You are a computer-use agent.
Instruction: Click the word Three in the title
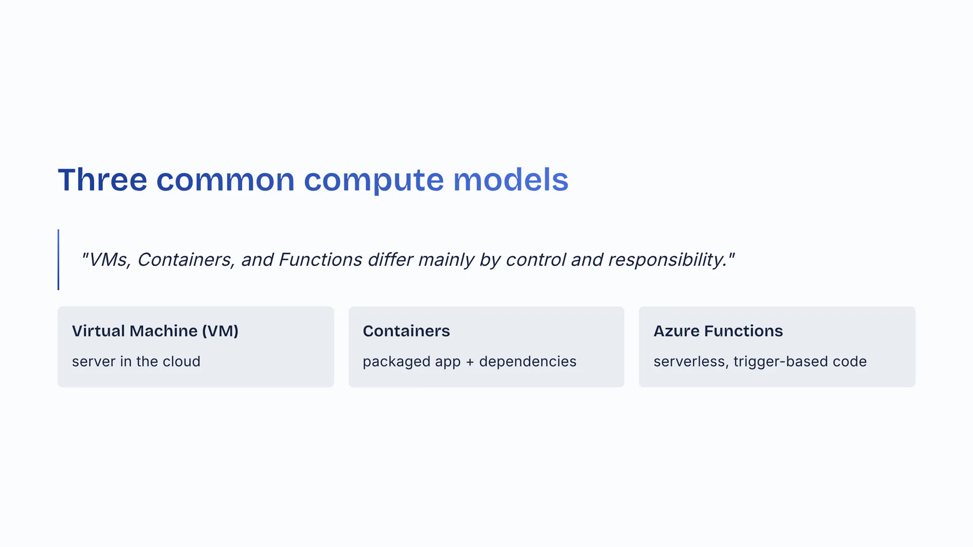(x=102, y=179)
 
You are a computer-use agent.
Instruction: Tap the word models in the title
(x=511, y=179)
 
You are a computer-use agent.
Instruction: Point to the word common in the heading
(x=226, y=180)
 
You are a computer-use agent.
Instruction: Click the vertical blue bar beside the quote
(x=58, y=260)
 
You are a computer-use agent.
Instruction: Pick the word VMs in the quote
(x=109, y=260)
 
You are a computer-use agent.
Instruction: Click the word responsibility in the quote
(x=667, y=260)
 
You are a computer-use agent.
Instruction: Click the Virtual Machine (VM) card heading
(x=155, y=331)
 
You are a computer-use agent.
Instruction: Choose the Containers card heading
(x=406, y=331)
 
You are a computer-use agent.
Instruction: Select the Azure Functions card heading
(x=718, y=331)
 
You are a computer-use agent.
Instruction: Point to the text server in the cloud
(x=136, y=362)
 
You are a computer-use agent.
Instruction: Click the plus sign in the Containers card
(x=470, y=362)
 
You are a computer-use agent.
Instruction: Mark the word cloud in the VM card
(x=181, y=362)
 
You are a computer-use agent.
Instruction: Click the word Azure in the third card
(x=677, y=331)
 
